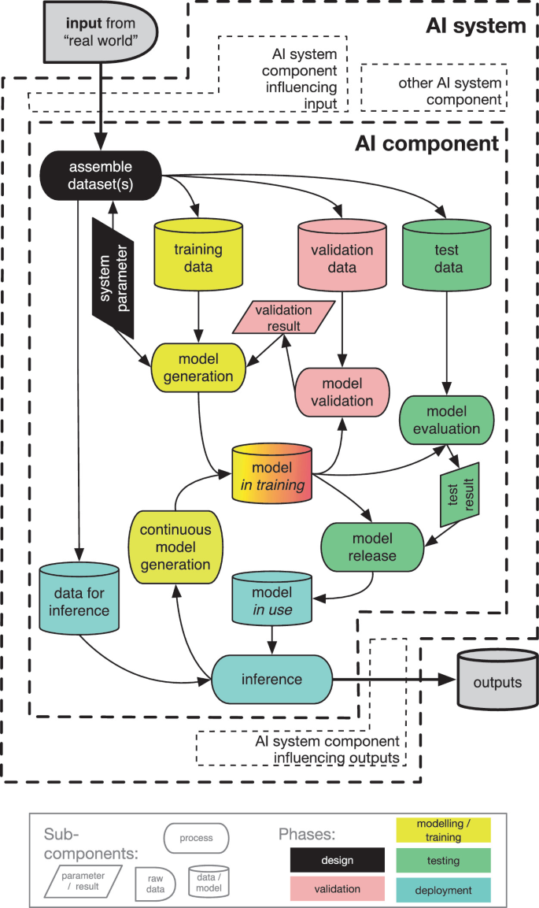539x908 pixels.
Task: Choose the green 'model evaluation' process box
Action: pyautogui.click(x=447, y=420)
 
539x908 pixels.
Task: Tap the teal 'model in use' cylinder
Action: pyautogui.click(x=272, y=599)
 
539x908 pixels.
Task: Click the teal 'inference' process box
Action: pyautogui.click(x=272, y=679)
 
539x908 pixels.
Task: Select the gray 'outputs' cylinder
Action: pyautogui.click(x=497, y=682)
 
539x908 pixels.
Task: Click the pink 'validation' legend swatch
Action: pyautogui.click(x=338, y=889)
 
